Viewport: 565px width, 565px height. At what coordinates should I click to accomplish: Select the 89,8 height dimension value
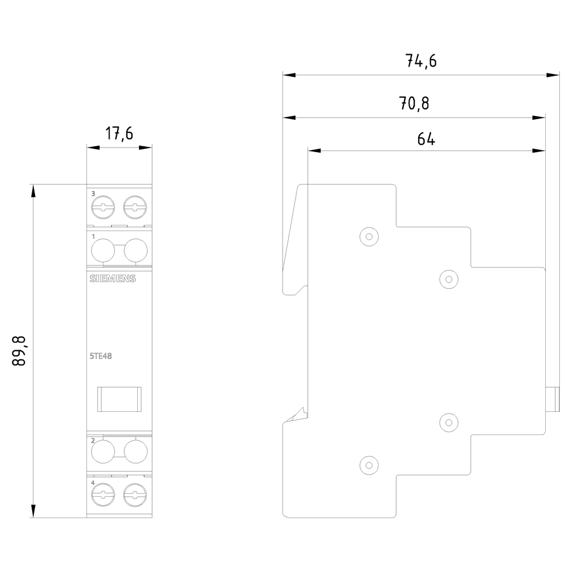(x=20, y=350)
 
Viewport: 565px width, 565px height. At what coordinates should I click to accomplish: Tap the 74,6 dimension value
(x=421, y=61)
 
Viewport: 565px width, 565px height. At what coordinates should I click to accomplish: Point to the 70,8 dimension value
(x=414, y=103)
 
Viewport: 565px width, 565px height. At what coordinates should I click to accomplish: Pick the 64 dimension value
(x=426, y=138)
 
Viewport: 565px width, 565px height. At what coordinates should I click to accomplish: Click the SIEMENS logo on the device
(x=112, y=279)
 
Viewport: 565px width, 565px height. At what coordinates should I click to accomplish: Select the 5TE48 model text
(x=99, y=355)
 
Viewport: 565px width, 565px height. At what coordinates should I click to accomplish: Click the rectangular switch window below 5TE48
(x=119, y=399)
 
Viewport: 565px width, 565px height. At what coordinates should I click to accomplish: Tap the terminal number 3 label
(x=93, y=194)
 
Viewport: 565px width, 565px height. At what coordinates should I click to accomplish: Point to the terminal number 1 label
(x=93, y=236)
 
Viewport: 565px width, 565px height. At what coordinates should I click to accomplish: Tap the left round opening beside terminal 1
(x=103, y=250)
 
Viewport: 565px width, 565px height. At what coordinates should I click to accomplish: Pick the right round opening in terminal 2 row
(x=136, y=451)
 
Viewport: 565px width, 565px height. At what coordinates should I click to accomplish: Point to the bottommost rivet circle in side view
(x=368, y=466)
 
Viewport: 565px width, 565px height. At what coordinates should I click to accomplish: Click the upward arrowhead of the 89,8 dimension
(x=33, y=190)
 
